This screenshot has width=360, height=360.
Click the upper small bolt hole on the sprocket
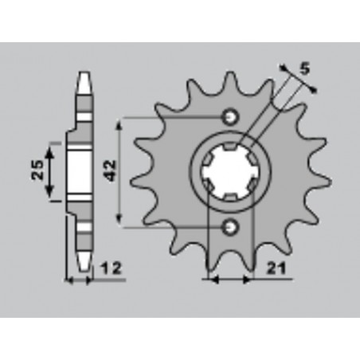point(232,116)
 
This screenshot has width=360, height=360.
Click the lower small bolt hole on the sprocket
point(232,228)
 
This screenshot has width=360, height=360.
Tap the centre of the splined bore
point(231,172)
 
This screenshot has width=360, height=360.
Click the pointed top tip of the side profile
point(82,77)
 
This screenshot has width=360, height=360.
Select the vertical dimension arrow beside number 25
point(52,170)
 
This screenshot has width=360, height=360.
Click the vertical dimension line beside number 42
point(121,170)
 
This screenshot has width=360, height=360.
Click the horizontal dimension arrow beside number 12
point(80,280)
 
